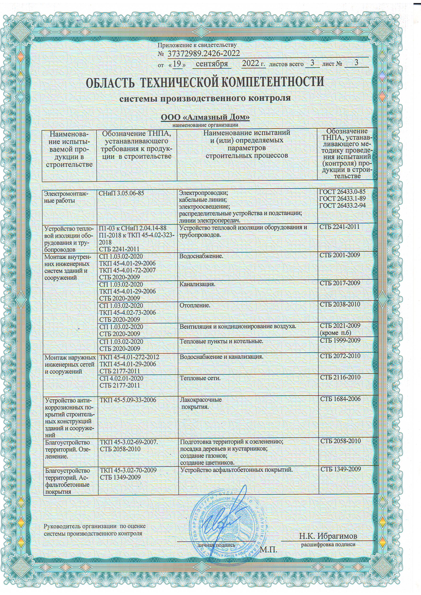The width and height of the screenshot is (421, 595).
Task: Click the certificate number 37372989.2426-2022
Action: [x=204, y=54]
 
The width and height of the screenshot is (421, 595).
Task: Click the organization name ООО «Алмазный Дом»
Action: [x=205, y=117]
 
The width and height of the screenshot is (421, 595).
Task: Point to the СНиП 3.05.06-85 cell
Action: [x=121, y=193]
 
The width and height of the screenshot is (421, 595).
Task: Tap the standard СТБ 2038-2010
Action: [x=340, y=304]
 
